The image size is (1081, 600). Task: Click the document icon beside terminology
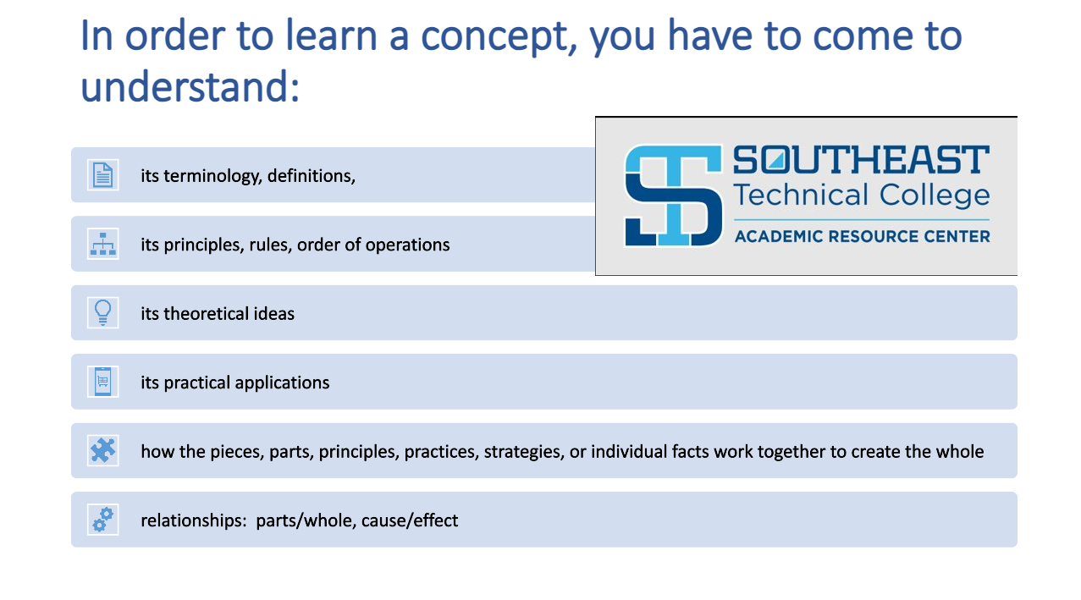coord(102,175)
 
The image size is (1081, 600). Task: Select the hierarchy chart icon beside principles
coord(102,244)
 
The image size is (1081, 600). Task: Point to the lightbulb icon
coord(102,312)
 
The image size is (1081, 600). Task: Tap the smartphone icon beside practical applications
coord(102,382)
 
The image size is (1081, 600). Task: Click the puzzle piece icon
coord(102,450)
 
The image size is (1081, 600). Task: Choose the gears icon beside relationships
coord(102,519)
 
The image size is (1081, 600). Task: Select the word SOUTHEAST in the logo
coord(861,160)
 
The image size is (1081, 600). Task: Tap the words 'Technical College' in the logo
coord(861,195)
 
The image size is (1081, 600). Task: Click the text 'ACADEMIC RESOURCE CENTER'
coord(862,236)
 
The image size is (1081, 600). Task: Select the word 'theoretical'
coord(208,313)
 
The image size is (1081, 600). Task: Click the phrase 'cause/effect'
coord(410,520)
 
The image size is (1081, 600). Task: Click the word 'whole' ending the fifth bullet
coord(959,451)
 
